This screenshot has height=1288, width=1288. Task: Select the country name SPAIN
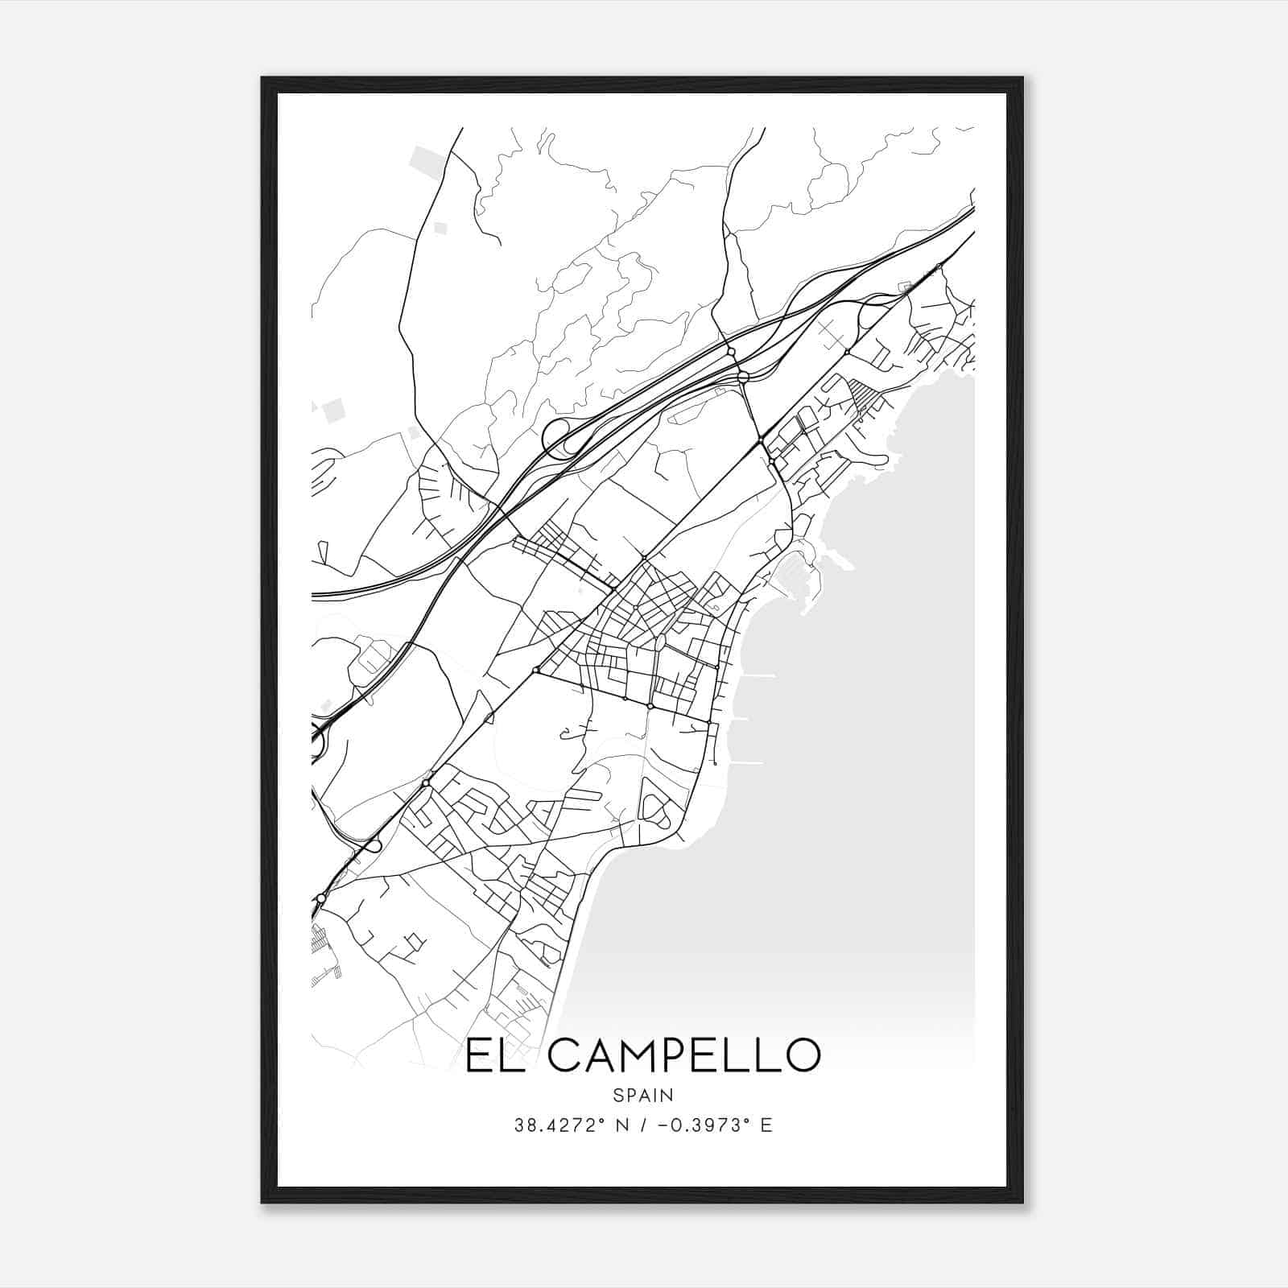(x=643, y=1096)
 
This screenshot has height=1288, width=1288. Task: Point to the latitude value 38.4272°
(x=555, y=1125)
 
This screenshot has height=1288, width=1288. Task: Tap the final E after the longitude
(x=766, y=1125)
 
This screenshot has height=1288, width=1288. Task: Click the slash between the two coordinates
(x=638, y=1125)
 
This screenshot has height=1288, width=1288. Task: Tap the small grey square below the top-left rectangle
(x=440, y=229)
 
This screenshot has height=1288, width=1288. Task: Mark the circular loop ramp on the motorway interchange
(x=557, y=437)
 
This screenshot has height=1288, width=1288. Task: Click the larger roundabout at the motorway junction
(x=743, y=377)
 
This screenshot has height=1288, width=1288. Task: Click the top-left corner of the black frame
(x=262, y=79)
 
